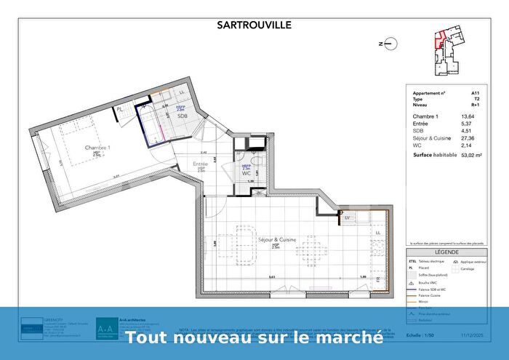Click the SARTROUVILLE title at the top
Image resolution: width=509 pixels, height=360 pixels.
click(254, 25)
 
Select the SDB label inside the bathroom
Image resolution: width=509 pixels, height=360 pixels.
click(182, 116)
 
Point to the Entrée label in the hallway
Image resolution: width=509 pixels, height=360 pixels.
click(200, 164)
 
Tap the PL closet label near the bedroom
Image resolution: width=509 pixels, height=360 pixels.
click(119, 110)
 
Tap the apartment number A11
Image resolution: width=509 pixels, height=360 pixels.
click(475, 93)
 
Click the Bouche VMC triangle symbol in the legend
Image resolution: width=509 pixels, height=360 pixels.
click(412, 280)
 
